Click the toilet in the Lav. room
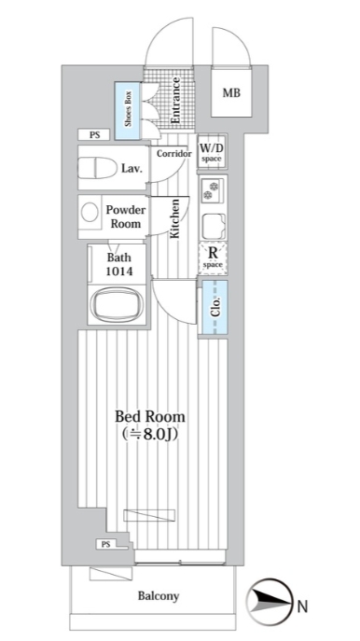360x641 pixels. (96, 168)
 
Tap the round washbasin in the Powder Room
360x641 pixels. (90, 213)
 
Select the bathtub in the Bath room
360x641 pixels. (117, 304)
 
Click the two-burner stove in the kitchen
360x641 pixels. (213, 190)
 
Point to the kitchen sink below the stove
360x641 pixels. (214, 226)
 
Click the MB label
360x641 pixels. (231, 93)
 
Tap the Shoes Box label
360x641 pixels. (128, 111)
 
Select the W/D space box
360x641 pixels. (212, 151)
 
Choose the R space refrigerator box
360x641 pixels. (213, 258)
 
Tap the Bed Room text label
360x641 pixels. (149, 417)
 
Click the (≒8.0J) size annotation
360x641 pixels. (149, 435)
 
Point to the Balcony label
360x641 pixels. (159, 596)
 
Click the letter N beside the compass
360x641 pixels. (302, 606)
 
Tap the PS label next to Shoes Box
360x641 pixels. (94, 134)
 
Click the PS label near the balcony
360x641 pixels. (106, 544)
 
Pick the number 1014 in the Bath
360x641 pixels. (119, 272)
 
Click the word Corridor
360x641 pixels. (174, 154)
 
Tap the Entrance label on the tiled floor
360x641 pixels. (175, 101)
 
